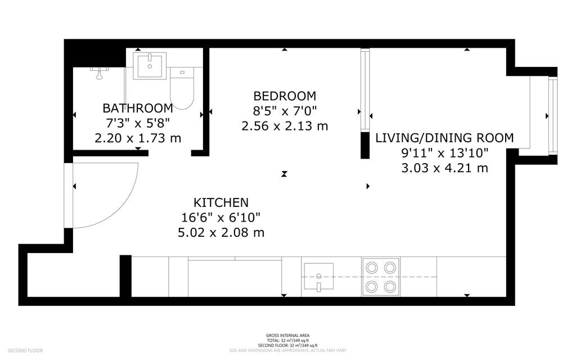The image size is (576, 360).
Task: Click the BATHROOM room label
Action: (x=137, y=108)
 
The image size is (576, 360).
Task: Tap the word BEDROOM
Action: (x=285, y=96)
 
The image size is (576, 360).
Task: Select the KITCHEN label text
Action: (x=221, y=202)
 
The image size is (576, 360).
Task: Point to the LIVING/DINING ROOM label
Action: (x=444, y=138)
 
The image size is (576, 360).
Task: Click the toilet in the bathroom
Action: (x=182, y=89)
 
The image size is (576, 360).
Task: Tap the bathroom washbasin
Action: (x=150, y=66)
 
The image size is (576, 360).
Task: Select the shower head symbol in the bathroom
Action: (x=100, y=71)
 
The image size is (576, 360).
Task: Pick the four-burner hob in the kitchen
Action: (x=381, y=276)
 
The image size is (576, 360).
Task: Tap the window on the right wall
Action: (x=552, y=115)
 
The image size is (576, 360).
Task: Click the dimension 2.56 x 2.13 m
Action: (x=285, y=126)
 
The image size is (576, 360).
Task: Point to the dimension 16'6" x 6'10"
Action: (x=221, y=217)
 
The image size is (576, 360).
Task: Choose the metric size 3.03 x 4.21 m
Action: (x=444, y=168)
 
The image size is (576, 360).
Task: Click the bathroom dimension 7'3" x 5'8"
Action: (x=137, y=123)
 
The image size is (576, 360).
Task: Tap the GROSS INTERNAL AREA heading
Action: (x=288, y=335)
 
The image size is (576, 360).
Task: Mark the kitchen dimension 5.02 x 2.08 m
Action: (x=221, y=232)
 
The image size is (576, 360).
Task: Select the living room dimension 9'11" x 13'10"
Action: (x=444, y=152)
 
